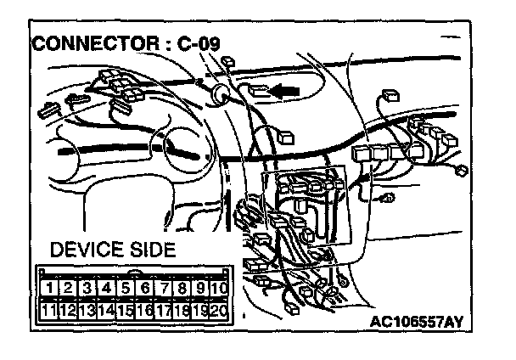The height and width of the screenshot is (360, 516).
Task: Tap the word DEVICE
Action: coord(84,250)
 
